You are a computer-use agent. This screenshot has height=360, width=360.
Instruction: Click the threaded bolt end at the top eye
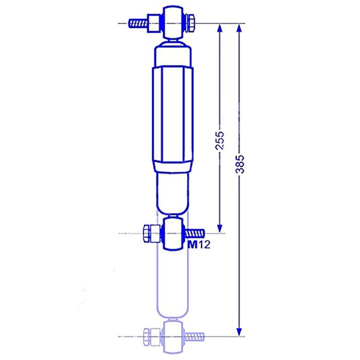pos(137,23)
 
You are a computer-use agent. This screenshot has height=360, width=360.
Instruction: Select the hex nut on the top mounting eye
pos(189,23)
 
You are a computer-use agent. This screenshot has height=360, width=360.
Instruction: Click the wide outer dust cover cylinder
pos(173,118)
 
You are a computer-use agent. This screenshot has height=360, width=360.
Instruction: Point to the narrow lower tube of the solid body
pos(173,193)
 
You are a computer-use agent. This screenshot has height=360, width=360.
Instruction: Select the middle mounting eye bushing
pos(173,233)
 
